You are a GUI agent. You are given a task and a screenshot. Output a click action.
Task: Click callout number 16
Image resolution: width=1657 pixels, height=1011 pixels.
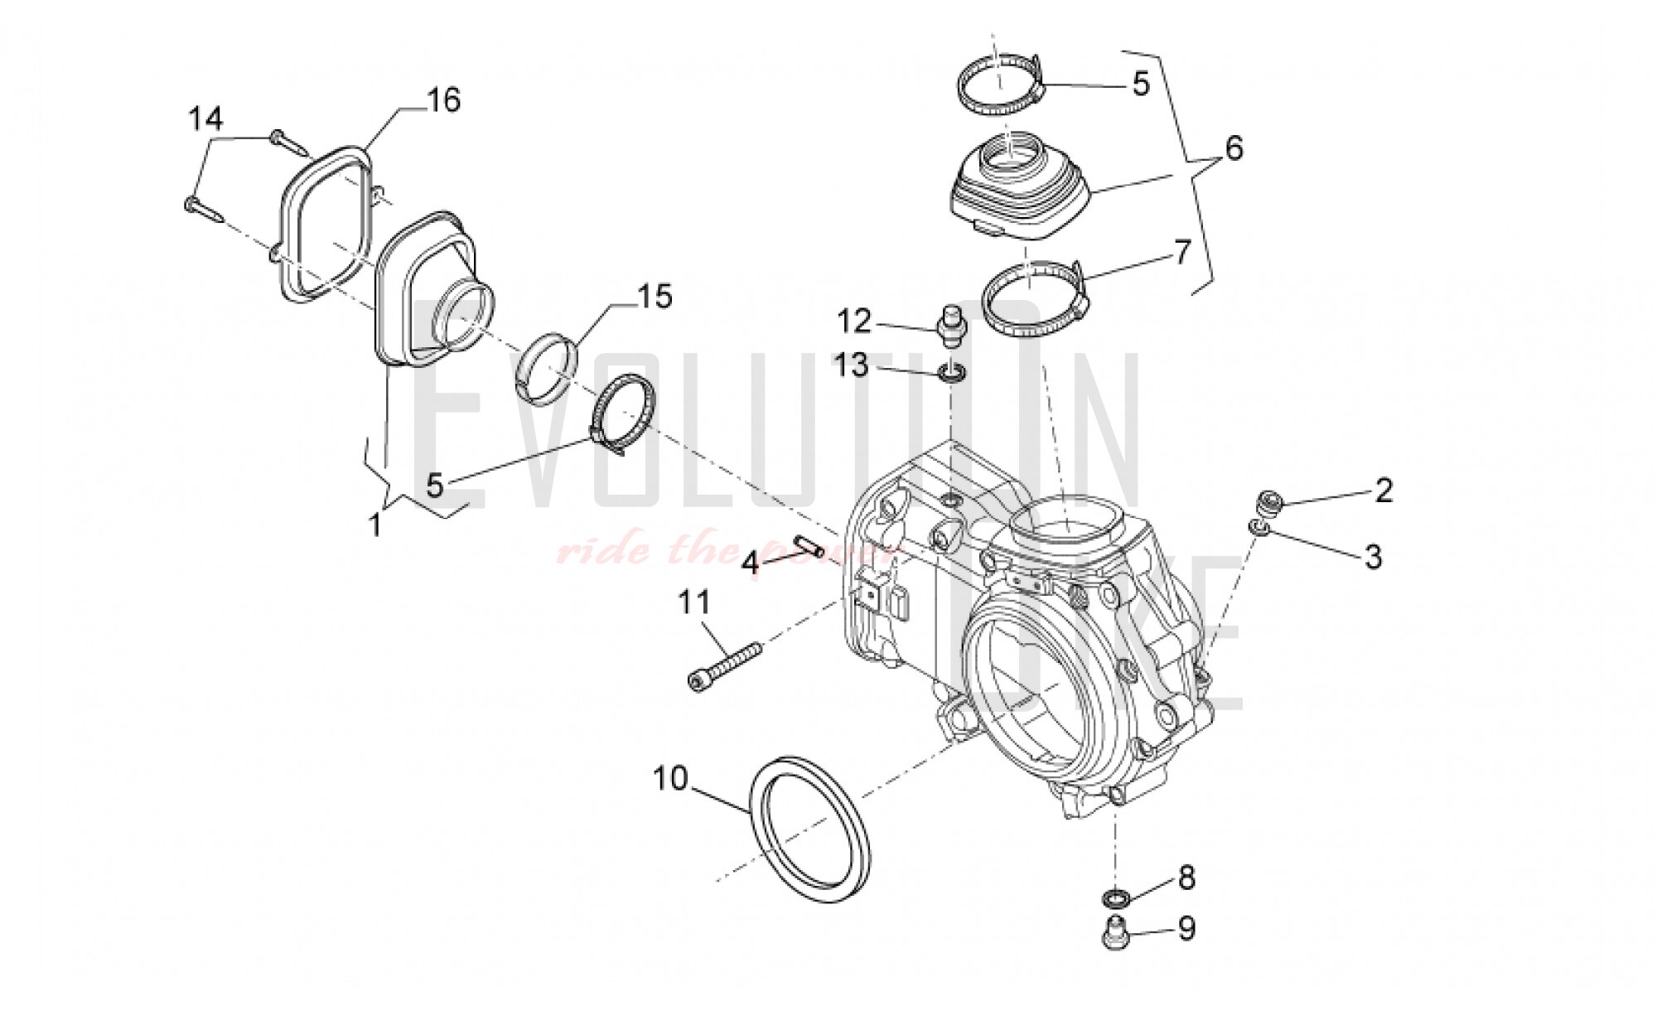coord(443,100)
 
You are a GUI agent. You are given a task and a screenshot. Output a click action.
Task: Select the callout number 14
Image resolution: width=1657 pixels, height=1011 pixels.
coord(205,119)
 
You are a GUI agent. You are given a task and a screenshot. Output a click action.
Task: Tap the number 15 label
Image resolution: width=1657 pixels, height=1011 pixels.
coord(654,297)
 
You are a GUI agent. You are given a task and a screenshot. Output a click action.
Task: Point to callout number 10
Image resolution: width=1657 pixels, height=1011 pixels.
coord(670,779)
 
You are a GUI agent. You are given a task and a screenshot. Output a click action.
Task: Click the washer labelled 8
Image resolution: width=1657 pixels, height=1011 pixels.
coord(1116,898)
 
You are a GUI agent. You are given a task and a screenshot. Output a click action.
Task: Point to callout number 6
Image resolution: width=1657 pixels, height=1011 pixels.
coord(1234,149)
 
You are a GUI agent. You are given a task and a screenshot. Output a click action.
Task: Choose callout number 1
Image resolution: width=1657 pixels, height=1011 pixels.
coord(374,524)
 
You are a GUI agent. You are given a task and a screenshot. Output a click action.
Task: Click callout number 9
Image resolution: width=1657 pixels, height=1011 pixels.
coord(1186,929)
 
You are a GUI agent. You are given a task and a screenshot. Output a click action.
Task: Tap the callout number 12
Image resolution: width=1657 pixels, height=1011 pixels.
coord(853,321)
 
